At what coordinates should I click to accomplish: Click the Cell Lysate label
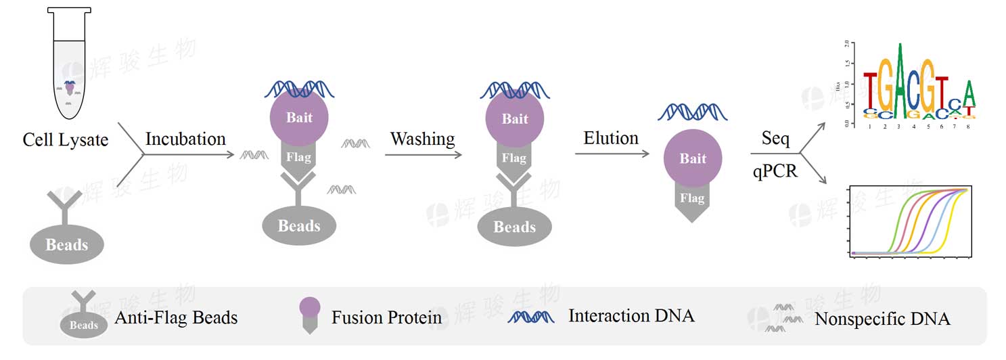coord(65,140)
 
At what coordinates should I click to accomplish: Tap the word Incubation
coord(185,139)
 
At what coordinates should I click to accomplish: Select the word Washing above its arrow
coord(422,139)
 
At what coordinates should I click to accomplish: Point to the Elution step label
coord(611,138)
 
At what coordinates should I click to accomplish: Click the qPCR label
coord(775,171)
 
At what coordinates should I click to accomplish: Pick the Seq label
coord(775,139)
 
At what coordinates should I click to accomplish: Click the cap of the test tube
coord(69,12)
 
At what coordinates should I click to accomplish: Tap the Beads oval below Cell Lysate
coord(67,244)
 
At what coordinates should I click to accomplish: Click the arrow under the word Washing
coord(423,155)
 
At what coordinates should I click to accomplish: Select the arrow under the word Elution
coord(612,154)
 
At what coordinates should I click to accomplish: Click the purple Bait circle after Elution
coord(692,159)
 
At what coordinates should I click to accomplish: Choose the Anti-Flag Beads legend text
coord(176,317)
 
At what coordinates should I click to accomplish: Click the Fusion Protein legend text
coord(386,317)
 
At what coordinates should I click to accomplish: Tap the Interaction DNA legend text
coord(631,315)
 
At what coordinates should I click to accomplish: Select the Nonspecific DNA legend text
coord(882,319)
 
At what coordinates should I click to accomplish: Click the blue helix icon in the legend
coord(531,316)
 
